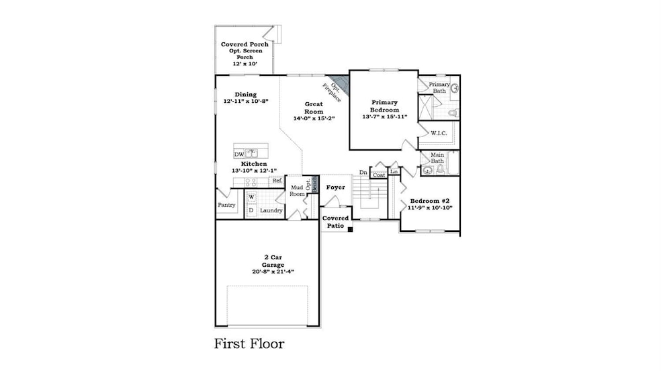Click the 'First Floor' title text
pos(249,344)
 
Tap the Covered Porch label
pos(245,44)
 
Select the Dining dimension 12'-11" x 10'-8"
pos(246,101)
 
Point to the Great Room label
pos(314,108)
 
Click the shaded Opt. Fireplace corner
pos(341,84)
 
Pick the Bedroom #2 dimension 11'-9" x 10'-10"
pos(431,208)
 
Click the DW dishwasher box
pos(238,154)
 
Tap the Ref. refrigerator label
pos(277,181)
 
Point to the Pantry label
pos(226,205)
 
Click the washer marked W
pos(251,198)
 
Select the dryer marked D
pos(251,210)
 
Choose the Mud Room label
pos(297,190)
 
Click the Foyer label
pos(335,187)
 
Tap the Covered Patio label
pos(335,222)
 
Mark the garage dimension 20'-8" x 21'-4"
pos(269,272)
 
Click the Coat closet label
pos(378,175)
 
